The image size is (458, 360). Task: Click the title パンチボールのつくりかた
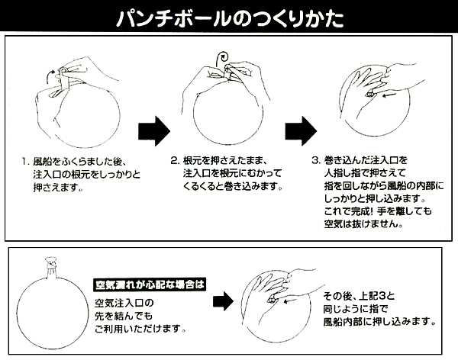(x=231, y=19)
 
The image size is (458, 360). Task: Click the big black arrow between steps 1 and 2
(x=154, y=131)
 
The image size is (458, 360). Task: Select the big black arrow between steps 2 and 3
(x=301, y=131)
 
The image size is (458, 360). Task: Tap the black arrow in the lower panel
(x=223, y=301)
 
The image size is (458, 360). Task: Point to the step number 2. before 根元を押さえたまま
(x=175, y=161)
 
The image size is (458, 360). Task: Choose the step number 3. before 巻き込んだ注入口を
(x=316, y=161)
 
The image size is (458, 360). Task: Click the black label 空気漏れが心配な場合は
(x=150, y=284)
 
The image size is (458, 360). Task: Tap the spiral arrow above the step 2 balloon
(x=221, y=59)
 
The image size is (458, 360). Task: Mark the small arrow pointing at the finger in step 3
(x=389, y=95)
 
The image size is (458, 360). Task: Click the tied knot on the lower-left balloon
(x=51, y=263)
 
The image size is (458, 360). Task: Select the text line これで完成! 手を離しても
(x=378, y=211)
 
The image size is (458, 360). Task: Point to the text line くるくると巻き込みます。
(x=233, y=187)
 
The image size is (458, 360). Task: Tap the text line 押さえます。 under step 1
(x=58, y=187)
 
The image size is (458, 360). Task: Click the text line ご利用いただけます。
(x=140, y=329)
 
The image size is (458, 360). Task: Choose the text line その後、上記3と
(x=359, y=297)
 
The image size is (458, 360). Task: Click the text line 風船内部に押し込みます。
(x=379, y=322)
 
